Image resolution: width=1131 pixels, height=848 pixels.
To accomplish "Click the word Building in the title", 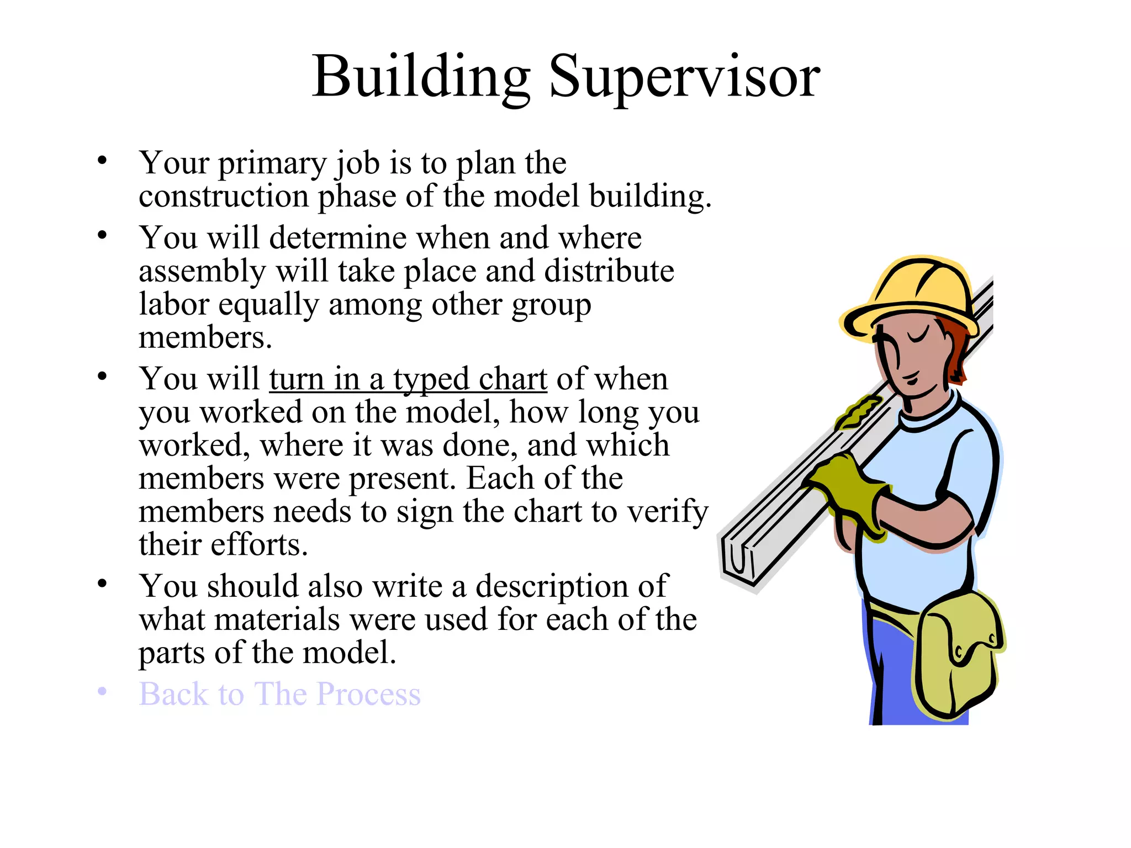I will [421, 77].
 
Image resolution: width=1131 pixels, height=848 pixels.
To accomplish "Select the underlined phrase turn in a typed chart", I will [408, 380].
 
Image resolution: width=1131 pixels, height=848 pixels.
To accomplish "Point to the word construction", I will [223, 197].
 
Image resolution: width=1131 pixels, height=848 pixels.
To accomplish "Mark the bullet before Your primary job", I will [102, 161].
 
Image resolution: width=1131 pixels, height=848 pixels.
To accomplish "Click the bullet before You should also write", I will [102, 584].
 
